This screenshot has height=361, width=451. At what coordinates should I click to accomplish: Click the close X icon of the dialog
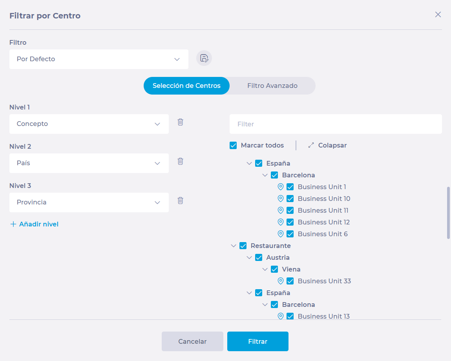pyautogui.click(x=438, y=15)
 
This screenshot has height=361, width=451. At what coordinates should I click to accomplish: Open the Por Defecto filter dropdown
pyautogui.click(x=99, y=59)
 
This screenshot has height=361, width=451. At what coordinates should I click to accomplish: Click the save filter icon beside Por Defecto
pyautogui.click(x=204, y=58)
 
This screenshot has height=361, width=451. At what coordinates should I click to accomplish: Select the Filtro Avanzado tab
pyautogui.click(x=272, y=86)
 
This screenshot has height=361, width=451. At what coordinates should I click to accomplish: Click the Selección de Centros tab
pyautogui.click(x=186, y=86)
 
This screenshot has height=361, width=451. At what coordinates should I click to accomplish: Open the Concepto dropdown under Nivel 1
pyautogui.click(x=89, y=124)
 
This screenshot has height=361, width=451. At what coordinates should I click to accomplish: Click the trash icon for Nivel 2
pyautogui.click(x=180, y=161)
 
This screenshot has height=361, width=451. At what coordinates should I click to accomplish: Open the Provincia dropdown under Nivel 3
pyautogui.click(x=89, y=202)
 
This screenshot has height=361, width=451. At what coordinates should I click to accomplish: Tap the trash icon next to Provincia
pyautogui.click(x=180, y=201)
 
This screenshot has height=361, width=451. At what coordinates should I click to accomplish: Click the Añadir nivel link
pyautogui.click(x=34, y=224)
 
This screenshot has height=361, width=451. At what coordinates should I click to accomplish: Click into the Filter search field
pyautogui.click(x=335, y=124)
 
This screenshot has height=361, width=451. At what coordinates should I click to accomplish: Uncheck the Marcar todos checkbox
pyautogui.click(x=233, y=146)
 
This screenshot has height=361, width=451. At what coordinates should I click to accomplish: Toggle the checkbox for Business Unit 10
pyautogui.click(x=290, y=199)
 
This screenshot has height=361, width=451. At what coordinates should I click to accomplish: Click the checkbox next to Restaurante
pyautogui.click(x=243, y=246)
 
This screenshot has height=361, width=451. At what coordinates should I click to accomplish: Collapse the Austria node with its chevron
pyautogui.click(x=249, y=258)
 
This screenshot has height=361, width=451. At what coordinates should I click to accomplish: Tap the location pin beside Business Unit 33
pyautogui.click(x=280, y=281)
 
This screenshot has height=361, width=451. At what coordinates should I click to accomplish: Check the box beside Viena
pyautogui.click(x=274, y=270)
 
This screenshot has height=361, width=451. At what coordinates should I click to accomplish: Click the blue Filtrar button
pyautogui.click(x=258, y=341)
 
